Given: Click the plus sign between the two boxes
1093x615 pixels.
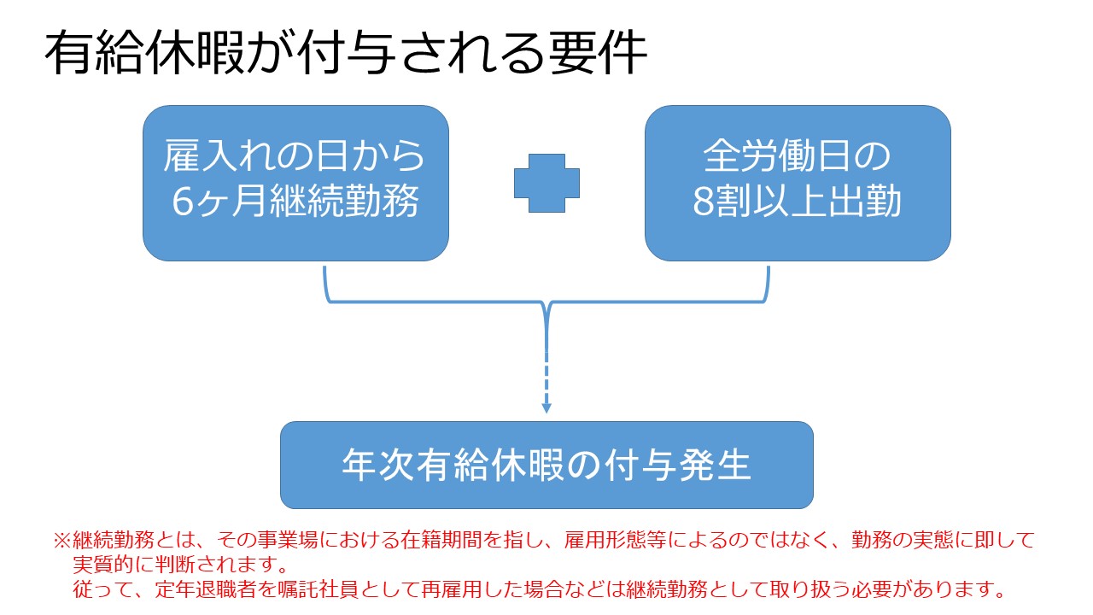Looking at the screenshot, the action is tap(547, 183).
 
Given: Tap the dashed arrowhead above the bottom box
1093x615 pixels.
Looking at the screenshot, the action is tap(546, 408).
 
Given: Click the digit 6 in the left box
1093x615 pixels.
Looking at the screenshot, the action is tap(183, 202).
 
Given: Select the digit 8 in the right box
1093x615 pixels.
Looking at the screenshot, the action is tap(704, 202).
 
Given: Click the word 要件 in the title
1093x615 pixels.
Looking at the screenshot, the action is tap(599, 53).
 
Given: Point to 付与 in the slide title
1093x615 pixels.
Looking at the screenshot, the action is tap(348, 53).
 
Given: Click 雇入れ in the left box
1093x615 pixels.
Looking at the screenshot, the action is tap(220, 156).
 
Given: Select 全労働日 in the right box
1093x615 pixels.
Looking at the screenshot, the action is tap(779, 156).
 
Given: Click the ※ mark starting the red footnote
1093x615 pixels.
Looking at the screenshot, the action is tap(62, 541).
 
